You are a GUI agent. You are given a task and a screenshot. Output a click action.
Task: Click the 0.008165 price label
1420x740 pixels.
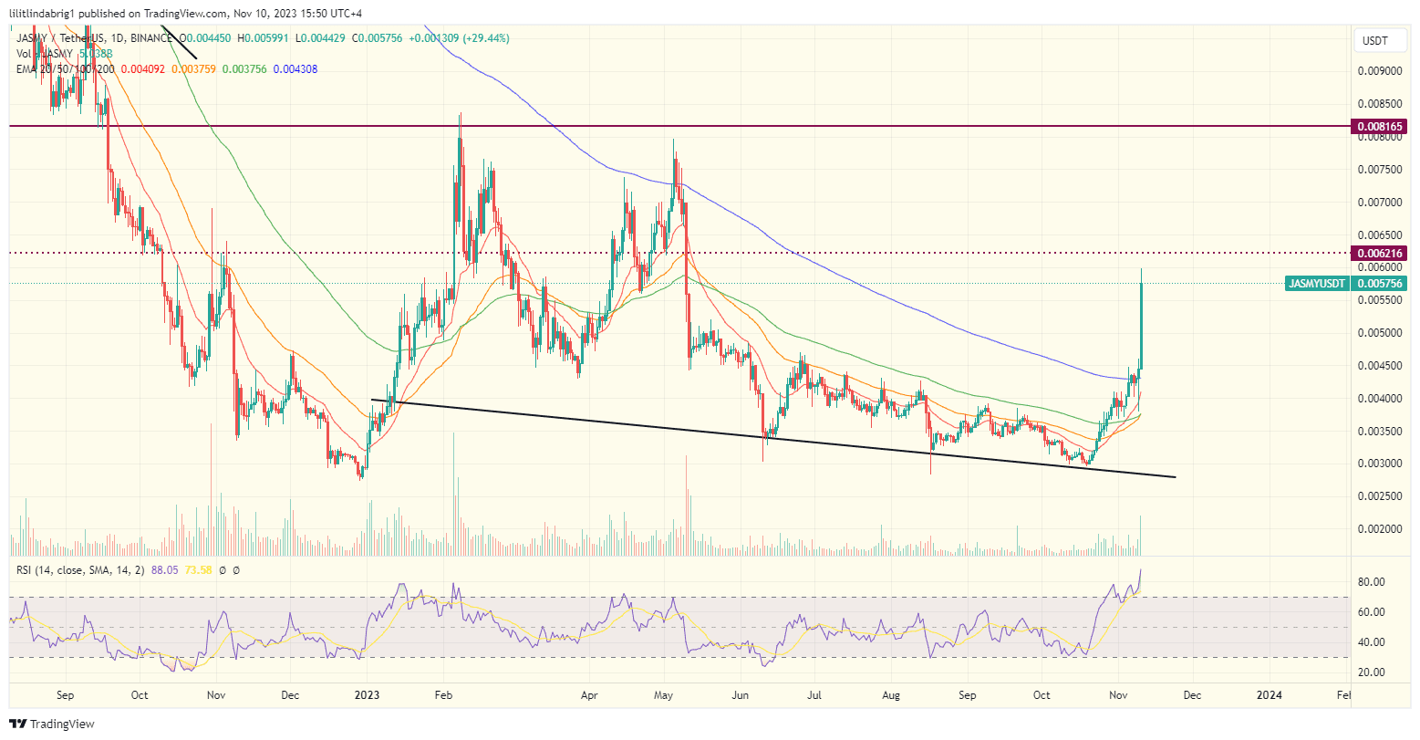pos(1381,126)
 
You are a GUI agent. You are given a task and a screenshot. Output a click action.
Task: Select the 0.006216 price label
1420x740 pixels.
pos(1381,253)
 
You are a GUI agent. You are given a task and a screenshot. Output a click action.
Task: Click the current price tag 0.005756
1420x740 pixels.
pos(1381,284)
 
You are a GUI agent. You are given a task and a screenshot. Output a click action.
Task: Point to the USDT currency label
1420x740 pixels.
pos(1374,40)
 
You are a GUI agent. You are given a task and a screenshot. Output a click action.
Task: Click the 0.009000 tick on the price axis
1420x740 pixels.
pos(1379,71)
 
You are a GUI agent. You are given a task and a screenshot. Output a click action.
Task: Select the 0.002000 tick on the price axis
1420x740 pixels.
pos(1379,529)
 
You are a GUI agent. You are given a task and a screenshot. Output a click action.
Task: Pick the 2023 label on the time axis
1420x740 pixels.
pos(367,694)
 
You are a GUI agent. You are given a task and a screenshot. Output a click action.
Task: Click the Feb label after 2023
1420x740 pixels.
pos(443,694)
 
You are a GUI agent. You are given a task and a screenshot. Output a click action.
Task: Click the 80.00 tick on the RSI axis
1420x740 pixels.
pos(1373,582)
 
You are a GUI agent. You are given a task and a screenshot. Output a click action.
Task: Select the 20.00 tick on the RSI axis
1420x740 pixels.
pos(1373,672)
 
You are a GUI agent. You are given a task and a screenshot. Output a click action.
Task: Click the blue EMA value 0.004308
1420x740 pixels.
pos(295,68)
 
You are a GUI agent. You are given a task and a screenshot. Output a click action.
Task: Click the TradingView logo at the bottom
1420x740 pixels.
pos(53,724)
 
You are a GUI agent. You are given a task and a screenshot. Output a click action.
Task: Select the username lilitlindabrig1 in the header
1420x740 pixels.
pos(50,14)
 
